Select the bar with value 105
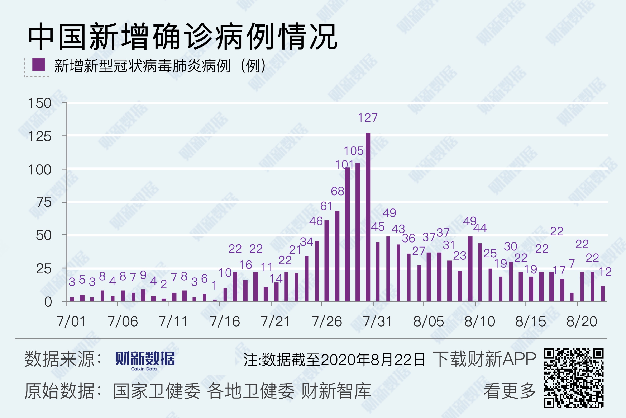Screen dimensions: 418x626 358,232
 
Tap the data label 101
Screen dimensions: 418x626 344,165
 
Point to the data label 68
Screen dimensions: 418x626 337,191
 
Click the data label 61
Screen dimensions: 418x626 326,206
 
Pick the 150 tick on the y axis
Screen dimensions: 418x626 40,103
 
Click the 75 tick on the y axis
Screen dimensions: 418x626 44,202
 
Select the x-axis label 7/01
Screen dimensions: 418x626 71,321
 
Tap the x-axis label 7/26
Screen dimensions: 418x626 327,321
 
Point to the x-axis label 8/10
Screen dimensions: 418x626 480,321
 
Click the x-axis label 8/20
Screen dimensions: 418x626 582,321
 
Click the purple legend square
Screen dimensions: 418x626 39,65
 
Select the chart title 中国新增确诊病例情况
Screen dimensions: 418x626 183,37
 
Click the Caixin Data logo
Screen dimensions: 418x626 145,360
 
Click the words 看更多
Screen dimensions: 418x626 509,391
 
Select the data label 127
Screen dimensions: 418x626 368,118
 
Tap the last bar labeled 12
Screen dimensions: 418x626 603,293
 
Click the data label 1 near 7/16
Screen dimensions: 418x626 214,286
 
